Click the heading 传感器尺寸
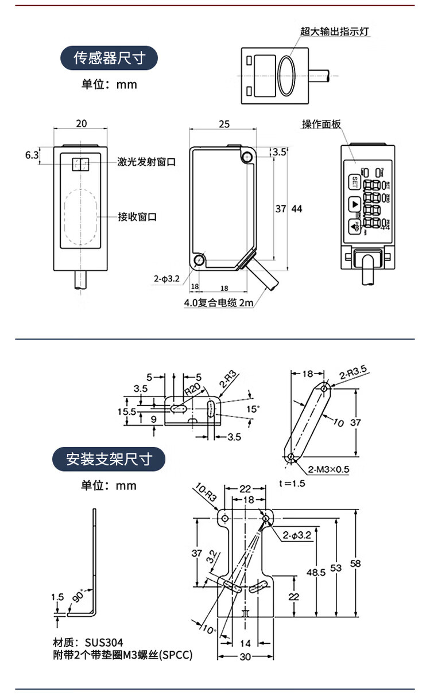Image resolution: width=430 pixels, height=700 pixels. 109,58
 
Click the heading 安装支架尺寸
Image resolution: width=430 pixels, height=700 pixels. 109,459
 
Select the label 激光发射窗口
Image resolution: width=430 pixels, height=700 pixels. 146,162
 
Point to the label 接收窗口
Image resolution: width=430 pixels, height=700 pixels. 137,216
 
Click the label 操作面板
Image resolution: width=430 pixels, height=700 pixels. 321,125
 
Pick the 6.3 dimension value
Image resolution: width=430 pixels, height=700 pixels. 32,155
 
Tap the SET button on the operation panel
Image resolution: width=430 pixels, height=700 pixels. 354,183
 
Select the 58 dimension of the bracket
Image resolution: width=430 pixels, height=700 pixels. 355,563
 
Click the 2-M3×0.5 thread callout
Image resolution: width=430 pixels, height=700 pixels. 329,469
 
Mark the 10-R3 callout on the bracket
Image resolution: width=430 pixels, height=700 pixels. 205,493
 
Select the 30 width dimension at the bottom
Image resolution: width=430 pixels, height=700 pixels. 245,658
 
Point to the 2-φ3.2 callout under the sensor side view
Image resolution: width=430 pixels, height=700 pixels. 166,279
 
